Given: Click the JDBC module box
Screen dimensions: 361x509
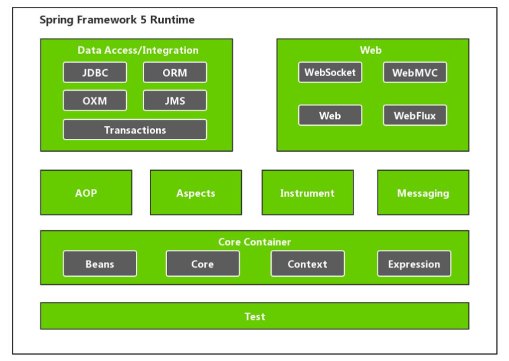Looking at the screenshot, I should click(x=95, y=72).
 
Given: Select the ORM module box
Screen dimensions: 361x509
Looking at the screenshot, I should click(x=175, y=72).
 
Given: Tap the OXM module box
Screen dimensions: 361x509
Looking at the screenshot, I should click(x=95, y=101).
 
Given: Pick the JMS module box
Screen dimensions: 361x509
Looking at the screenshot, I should click(x=175, y=101).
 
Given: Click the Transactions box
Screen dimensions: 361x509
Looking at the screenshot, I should click(x=135, y=130).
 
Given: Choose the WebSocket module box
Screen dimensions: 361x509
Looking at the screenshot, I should click(x=330, y=72).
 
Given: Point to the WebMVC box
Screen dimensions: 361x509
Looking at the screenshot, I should click(x=414, y=72).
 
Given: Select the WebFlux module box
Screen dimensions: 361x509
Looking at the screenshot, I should click(x=414, y=115).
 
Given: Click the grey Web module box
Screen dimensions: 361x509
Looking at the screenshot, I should click(x=330, y=115).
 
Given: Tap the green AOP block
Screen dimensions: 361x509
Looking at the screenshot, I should click(x=86, y=193).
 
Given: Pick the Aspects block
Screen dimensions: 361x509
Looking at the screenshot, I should click(x=195, y=193).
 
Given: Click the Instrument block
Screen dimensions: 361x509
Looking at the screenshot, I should click(x=307, y=193).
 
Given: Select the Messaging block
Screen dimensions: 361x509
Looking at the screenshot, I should click(x=423, y=193).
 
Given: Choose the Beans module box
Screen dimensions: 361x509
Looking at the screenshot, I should click(x=100, y=264).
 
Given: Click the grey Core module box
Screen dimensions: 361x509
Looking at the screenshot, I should click(x=202, y=264).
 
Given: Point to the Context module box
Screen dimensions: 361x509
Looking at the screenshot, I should click(x=307, y=264).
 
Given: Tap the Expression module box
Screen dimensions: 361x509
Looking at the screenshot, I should click(x=414, y=264).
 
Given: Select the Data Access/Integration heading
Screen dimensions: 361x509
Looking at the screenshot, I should click(x=138, y=50).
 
